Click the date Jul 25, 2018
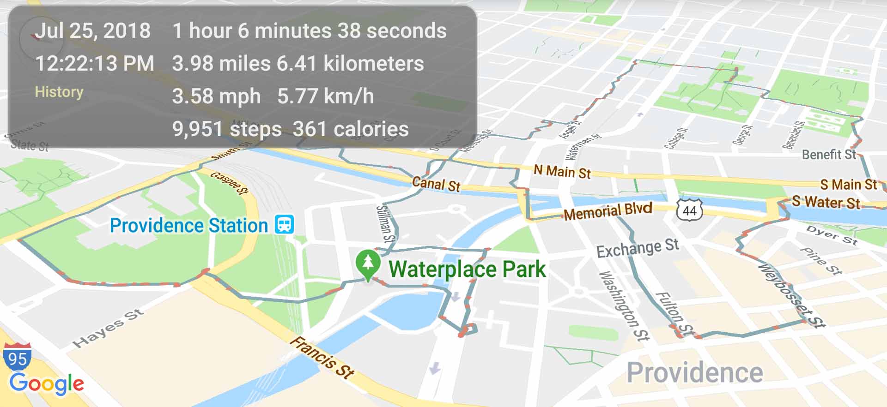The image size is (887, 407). pyautogui.click(x=93, y=31)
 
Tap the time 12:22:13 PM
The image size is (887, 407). pyautogui.click(x=95, y=63)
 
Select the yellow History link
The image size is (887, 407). pyautogui.click(x=59, y=92)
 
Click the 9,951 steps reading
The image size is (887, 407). pyautogui.click(x=227, y=129)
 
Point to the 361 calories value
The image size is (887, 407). pyautogui.click(x=351, y=129)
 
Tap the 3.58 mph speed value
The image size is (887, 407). pyautogui.click(x=216, y=96)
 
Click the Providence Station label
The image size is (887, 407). pyautogui.click(x=188, y=226)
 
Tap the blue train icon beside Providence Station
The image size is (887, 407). pyautogui.click(x=284, y=224)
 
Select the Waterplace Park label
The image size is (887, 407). pyautogui.click(x=467, y=269)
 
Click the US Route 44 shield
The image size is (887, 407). pyautogui.click(x=689, y=210)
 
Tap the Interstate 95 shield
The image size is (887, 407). pyautogui.click(x=17, y=357)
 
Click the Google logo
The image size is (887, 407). pyautogui.click(x=46, y=384)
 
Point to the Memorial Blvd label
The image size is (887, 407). pyautogui.click(x=608, y=211)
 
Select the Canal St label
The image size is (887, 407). pyautogui.click(x=436, y=184)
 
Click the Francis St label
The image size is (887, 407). pyautogui.click(x=322, y=358)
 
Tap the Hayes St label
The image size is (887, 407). pyautogui.click(x=108, y=328)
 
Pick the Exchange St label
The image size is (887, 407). pyautogui.click(x=638, y=248)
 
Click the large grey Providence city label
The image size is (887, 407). pyautogui.click(x=694, y=372)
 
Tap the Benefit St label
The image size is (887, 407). pyautogui.click(x=829, y=155)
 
